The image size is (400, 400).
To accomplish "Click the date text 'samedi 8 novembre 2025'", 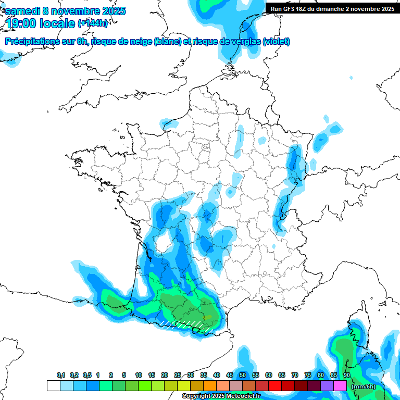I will [65, 11].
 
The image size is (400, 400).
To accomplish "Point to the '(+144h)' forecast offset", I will [93, 23].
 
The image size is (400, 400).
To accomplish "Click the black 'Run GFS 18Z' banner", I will [332, 9].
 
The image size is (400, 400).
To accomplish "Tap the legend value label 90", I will [346, 375].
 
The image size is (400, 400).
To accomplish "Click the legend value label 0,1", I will [61, 375].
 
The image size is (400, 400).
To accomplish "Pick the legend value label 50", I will [243, 375].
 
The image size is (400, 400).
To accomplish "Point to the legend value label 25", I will [178, 375].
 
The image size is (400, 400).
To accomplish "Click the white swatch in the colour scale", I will [53, 385].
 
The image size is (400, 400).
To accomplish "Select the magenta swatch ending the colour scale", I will [340, 385].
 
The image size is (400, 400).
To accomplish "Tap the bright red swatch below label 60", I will [275, 385].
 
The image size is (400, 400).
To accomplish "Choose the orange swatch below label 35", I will [210, 385].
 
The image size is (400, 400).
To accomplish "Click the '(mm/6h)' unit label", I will [364, 386].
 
